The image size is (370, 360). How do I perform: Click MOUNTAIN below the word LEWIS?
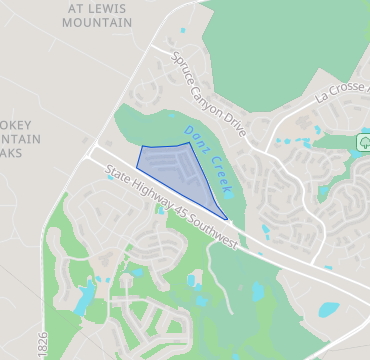96,20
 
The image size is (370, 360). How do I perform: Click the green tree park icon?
363,142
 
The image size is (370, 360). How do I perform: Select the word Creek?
221,175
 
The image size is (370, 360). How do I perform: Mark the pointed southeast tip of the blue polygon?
228,218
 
